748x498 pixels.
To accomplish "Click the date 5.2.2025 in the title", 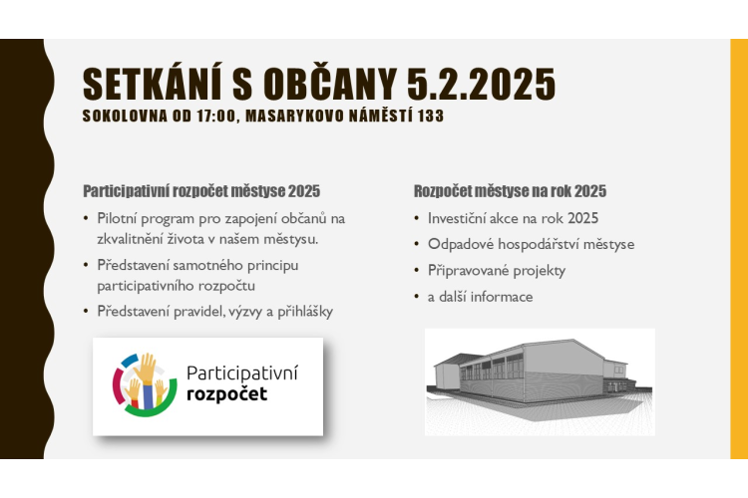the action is [481, 84].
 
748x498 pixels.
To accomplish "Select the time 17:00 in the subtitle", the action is [216, 116].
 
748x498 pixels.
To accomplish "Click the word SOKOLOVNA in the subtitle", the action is [125, 116].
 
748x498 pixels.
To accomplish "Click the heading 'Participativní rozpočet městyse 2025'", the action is [201, 191].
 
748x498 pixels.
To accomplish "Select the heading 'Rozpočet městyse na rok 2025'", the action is [510, 191].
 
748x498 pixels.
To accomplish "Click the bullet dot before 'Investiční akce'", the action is [417, 219].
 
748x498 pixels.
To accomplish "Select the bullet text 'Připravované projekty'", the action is [497, 271].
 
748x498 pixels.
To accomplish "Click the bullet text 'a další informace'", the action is [481, 297].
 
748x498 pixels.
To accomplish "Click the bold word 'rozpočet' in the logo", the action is [226, 394].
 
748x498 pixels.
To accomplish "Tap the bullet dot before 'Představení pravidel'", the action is [86, 312].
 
